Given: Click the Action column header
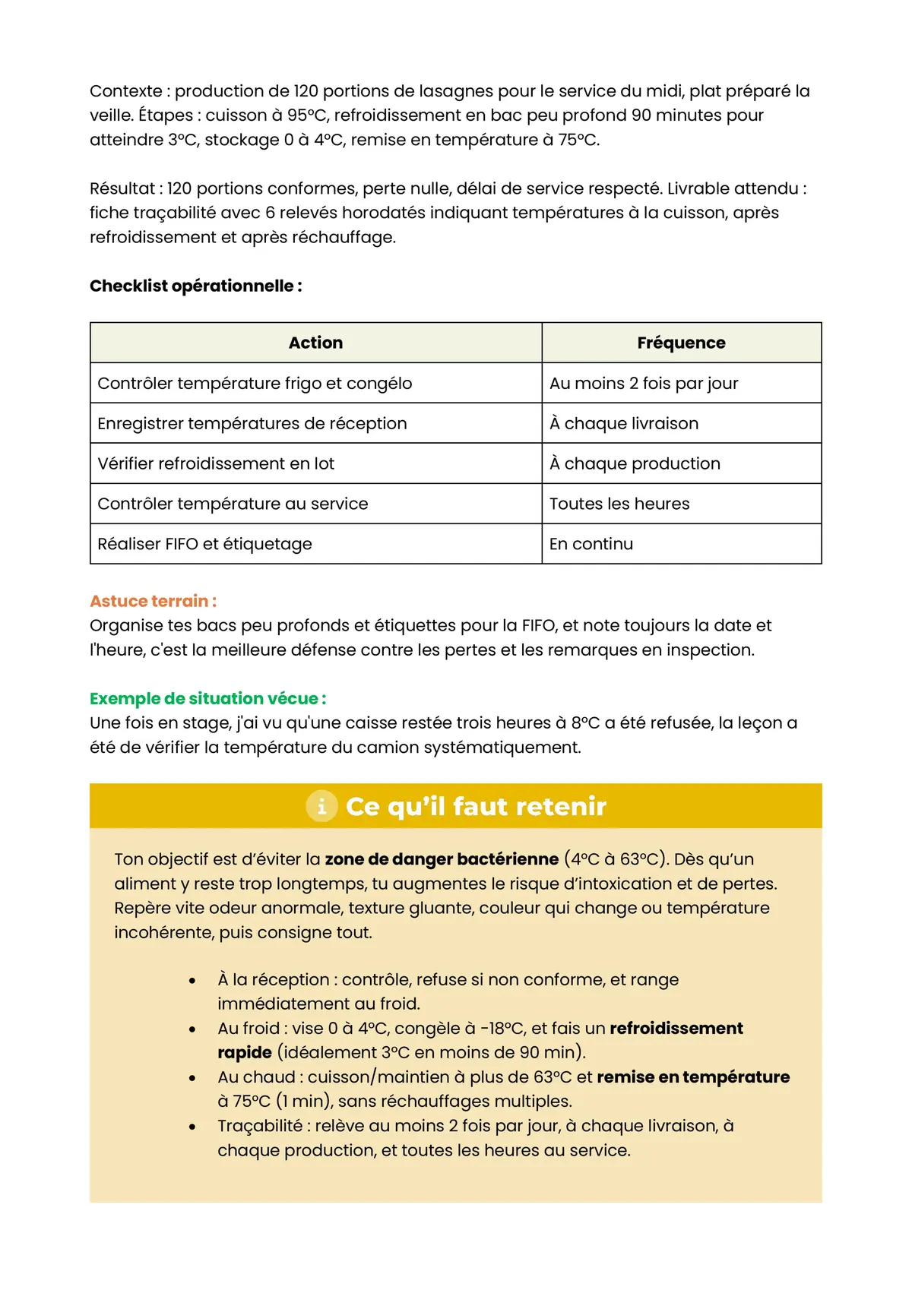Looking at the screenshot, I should click(315, 343).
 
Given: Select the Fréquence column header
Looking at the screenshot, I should click(681, 343).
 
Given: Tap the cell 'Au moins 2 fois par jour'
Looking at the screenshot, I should click(644, 383).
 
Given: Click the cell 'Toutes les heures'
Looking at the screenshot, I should click(619, 504).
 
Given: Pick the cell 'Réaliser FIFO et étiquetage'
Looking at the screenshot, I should click(205, 544).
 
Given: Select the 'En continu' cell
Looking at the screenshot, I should click(591, 544).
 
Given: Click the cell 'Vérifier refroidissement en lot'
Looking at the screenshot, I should click(216, 463).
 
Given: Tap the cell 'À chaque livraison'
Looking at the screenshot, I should click(624, 423).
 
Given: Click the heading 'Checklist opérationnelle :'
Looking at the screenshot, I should click(195, 286).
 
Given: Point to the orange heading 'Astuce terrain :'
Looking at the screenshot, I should click(153, 601).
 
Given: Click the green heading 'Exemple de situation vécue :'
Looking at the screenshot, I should click(207, 698).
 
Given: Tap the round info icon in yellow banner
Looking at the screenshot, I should click(321, 806).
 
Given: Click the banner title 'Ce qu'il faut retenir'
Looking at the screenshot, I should click(476, 806).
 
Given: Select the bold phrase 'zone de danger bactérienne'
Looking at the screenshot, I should click(442, 859).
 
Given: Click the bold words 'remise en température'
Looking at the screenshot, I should click(693, 1077).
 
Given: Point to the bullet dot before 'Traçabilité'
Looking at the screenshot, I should click(192, 1127).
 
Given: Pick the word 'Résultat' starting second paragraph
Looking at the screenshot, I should click(124, 188).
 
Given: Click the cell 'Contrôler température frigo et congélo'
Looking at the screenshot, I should click(255, 383).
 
